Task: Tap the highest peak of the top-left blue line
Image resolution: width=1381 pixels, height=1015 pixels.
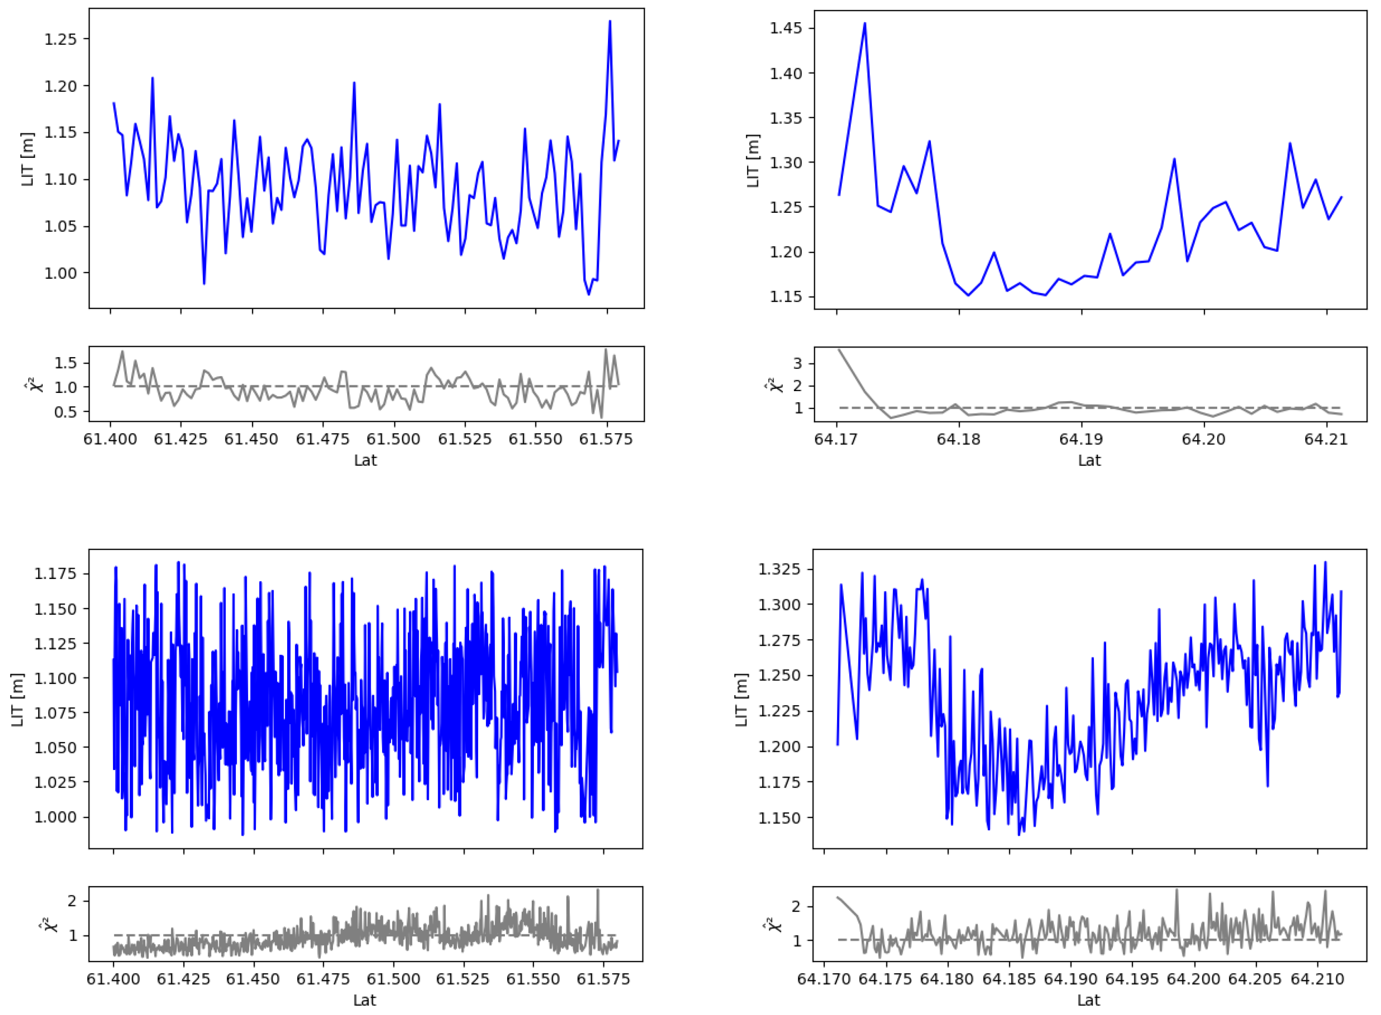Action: (609, 21)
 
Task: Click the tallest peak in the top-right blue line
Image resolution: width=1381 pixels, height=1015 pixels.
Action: (864, 23)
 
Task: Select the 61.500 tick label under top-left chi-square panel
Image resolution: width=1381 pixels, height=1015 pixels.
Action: (394, 439)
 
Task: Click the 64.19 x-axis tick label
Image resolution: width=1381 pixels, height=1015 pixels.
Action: (1081, 439)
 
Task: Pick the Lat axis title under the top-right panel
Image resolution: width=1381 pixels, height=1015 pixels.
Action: (1089, 460)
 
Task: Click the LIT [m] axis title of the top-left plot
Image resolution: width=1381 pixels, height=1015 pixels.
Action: (28, 159)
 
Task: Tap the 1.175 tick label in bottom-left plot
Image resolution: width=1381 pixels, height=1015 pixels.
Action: (55, 574)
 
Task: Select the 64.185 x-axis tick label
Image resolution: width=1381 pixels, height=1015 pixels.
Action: (1009, 979)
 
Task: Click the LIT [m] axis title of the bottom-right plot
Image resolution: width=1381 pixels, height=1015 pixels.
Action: (742, 700)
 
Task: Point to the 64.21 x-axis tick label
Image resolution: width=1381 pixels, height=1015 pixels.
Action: (1326, 439)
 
